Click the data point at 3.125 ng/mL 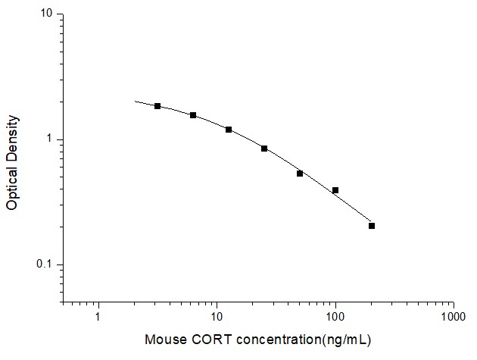[x=157, y=106]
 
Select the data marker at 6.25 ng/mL [x=193, y=115]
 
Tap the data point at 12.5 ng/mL [x=229, y=130]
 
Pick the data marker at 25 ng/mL [x=264, y=149]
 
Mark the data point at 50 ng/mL [x=300, y=174]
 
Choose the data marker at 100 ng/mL [x=335, y=190]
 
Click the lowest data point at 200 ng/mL [x=372, y=226]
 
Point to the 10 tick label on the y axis [x=46, y=14]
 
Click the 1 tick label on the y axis [x=49, y=139]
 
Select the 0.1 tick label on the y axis [x=45, y=265]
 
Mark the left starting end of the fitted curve [x=135, y=101]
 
